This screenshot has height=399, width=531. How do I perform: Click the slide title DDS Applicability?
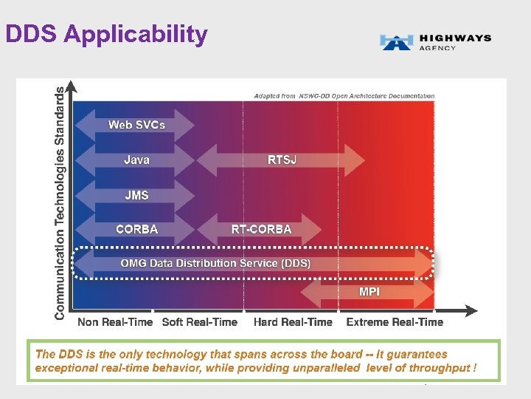pyautogui.click(x=106, y=34)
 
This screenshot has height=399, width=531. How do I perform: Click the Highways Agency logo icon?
pyautogui.click(x=397, y=42)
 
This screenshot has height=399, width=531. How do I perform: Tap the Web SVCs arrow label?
pyautogui.click(x=136, y=124)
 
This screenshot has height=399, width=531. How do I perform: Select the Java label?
pyautogui.click(x=136, y=160)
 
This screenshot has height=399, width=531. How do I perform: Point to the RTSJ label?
pyautogui.click(x=282, y=160)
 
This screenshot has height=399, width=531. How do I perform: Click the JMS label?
pyautogui.click(x=136, y=195)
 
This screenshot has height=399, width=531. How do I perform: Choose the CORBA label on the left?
pyautogui.click(x=136, y=229)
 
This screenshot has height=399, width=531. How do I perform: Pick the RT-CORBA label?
pyautogui.click(x=261, y=229)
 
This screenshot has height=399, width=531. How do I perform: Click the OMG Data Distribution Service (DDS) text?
pyautogui.click(x=215, y=263)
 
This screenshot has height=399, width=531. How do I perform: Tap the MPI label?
pyautogui.click(x=369, y=292)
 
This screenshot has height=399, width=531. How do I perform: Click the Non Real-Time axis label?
pyautogui.click(x=115, y=321)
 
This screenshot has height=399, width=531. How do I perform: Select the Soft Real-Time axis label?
pyautogui.click(x=199, y=321)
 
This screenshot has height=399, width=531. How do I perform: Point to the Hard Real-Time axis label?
pyautogui.click(x=293, y=321)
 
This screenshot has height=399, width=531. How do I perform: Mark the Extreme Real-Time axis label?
pyautogui.click(x=395, y=321)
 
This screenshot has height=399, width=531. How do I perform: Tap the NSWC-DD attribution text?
pyautogui.click(x=344, y=95)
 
